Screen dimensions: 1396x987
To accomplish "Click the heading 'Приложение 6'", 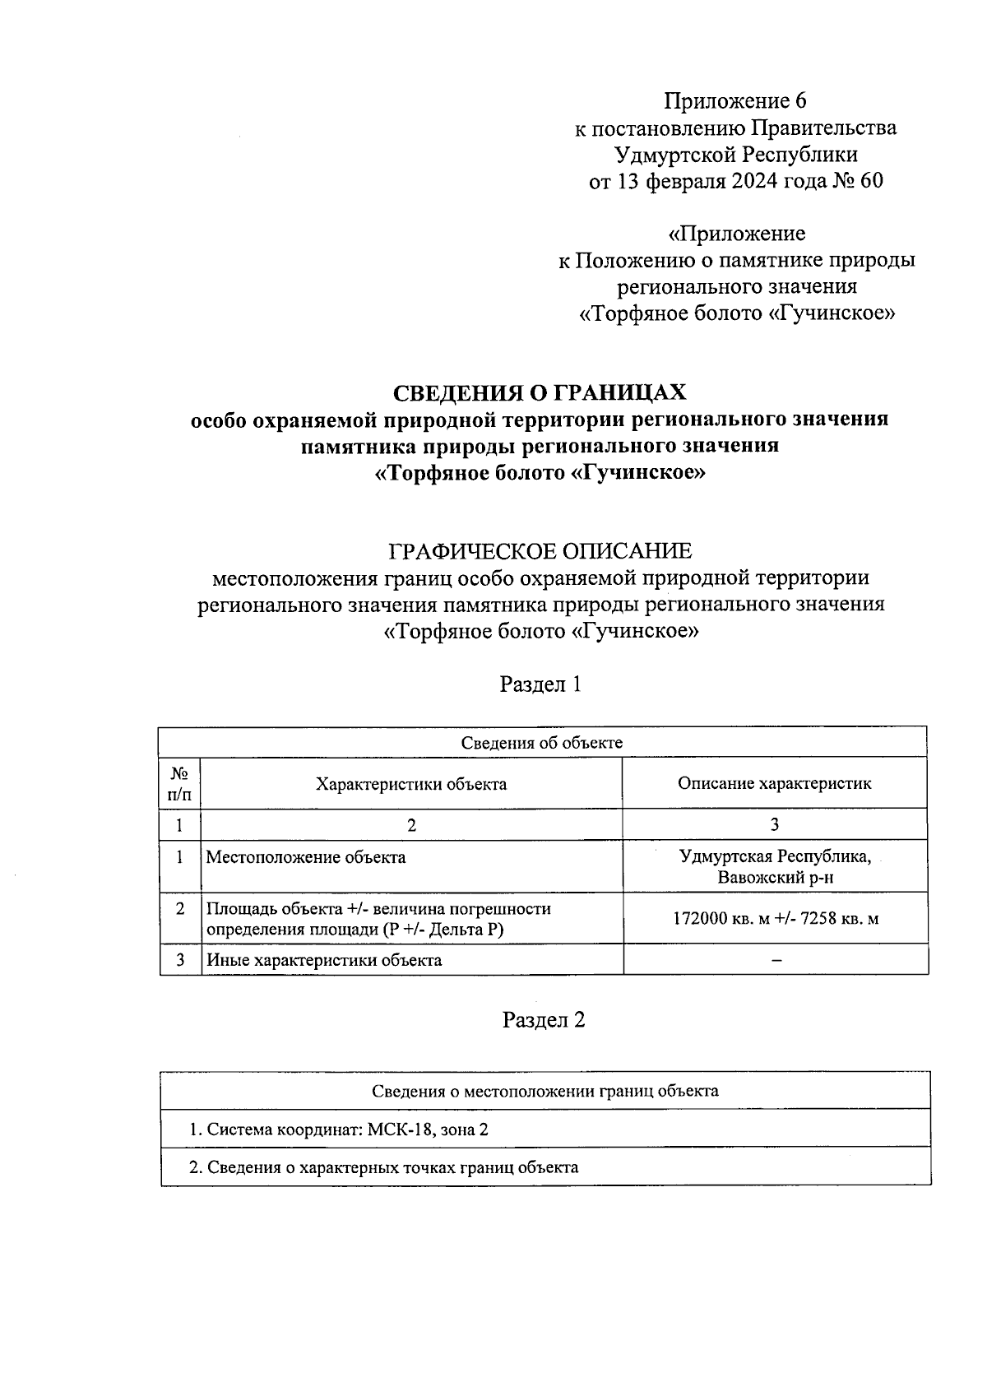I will tap(735, 101).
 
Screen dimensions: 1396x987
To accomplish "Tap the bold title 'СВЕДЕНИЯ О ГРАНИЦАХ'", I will tap(539, 393).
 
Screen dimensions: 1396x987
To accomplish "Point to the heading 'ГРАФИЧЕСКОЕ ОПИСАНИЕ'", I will tap(540, 550).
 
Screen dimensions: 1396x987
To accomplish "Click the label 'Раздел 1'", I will tap(541, 684).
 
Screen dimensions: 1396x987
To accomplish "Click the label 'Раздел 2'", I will tap(544, 1020).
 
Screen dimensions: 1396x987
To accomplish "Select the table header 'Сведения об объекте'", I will tap(541, 743).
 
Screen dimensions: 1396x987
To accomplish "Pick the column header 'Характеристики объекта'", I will tap(411, 784).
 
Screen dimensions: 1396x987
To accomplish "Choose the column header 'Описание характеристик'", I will tap(774, 783).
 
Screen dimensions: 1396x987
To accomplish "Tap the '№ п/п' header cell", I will tap(179, 784).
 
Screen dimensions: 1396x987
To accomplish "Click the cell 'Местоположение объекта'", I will tap(305, 857).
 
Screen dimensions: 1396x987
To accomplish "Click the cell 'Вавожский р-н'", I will tap(775, 877).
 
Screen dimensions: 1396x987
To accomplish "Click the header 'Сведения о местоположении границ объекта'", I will tap(544, 1092).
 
